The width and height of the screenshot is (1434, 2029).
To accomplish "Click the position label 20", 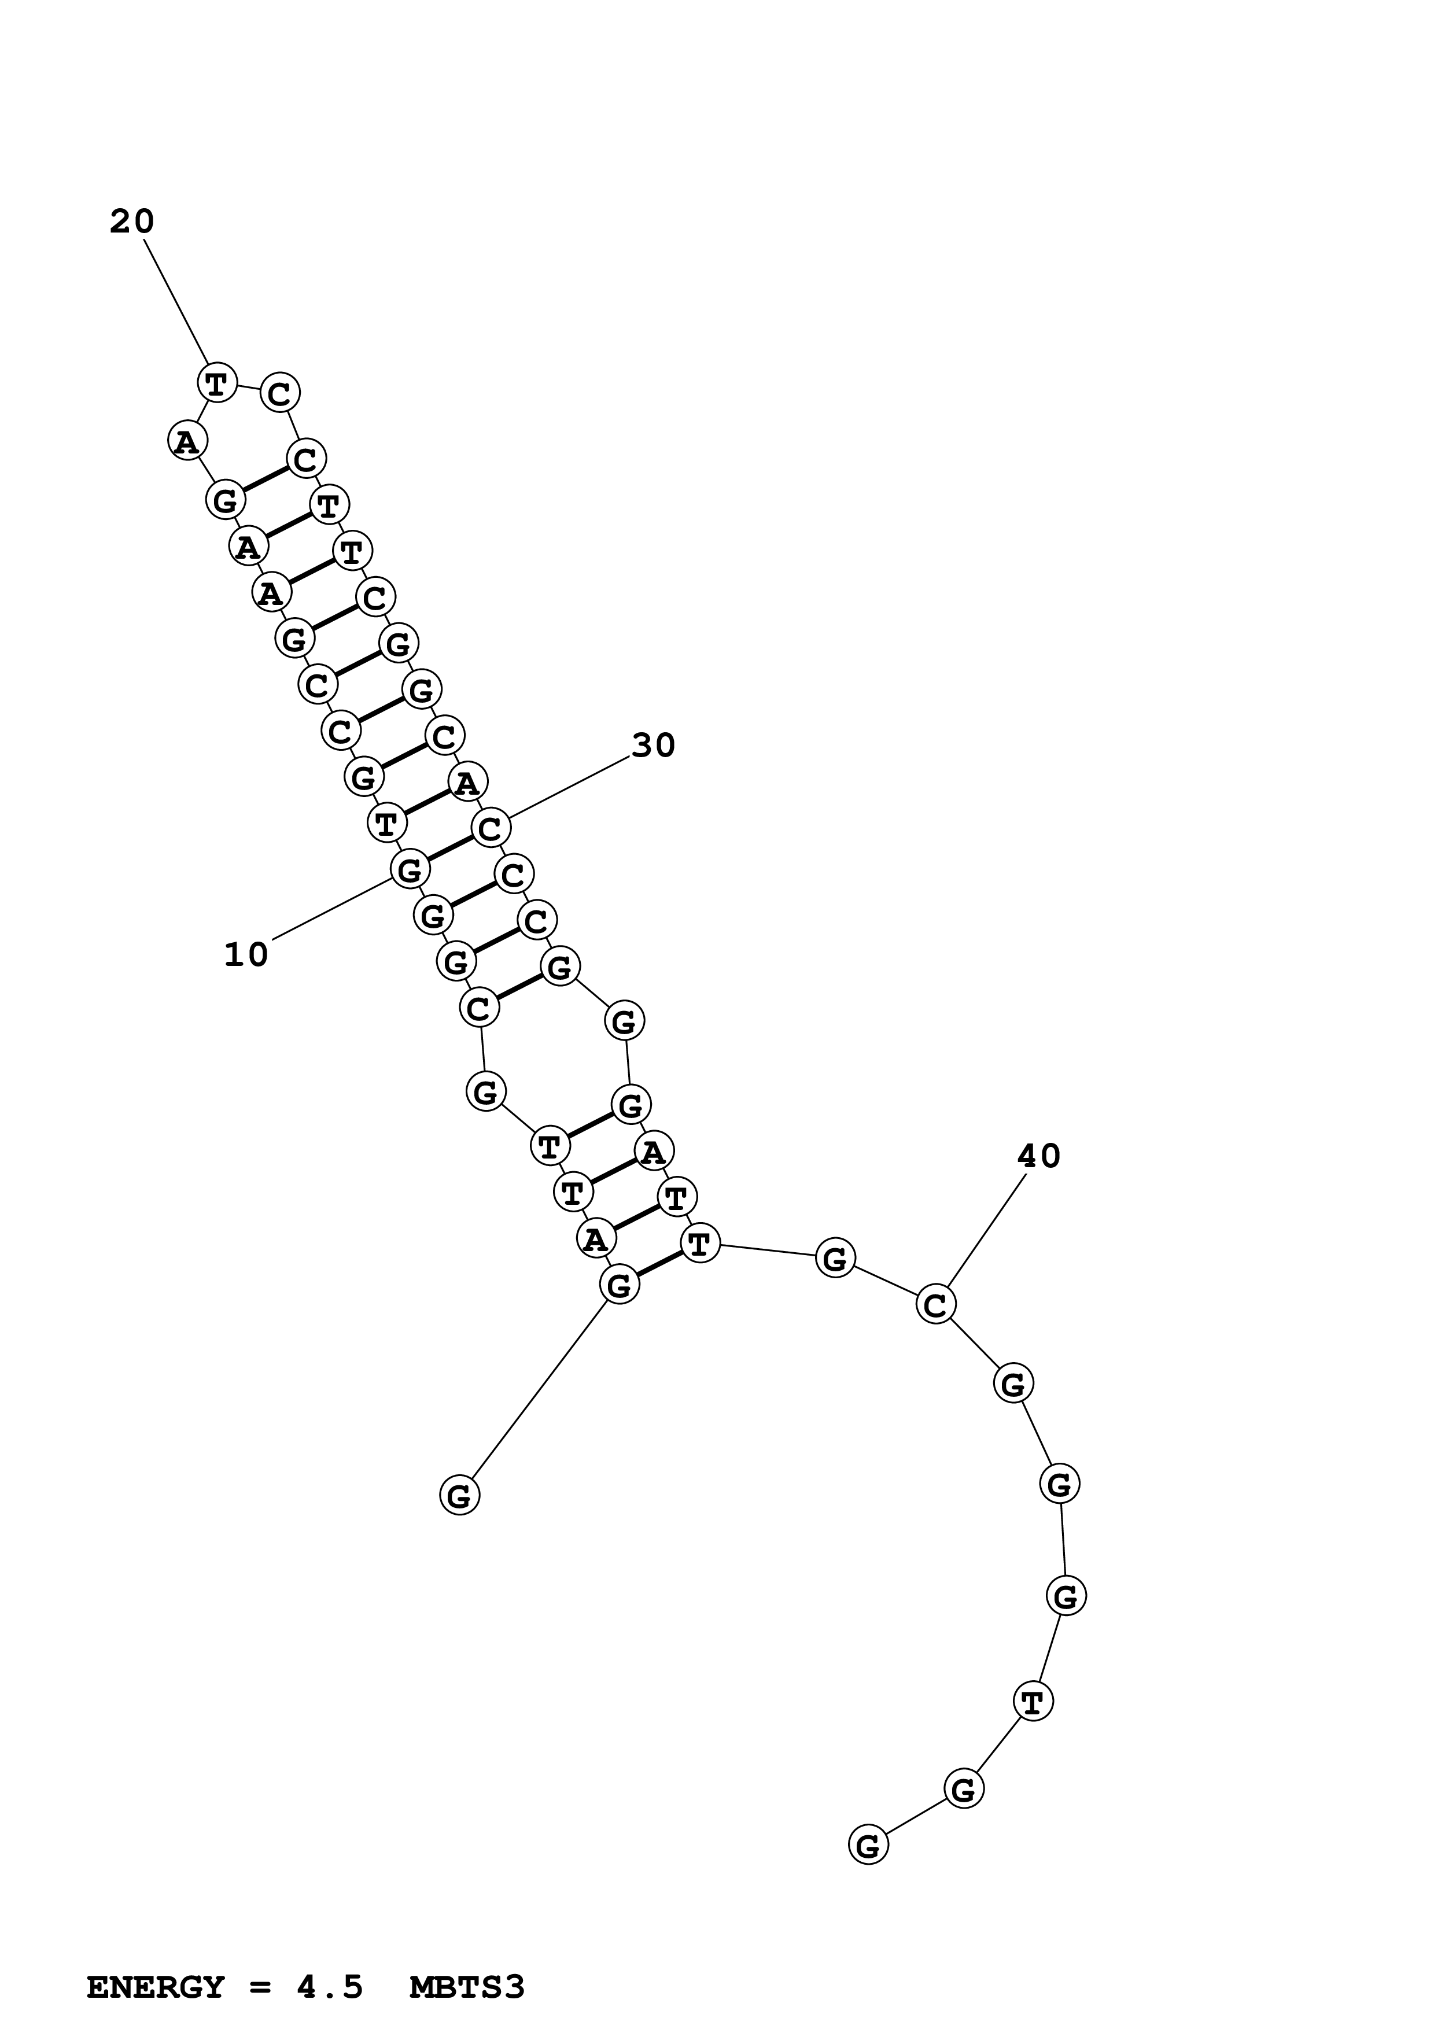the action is click(132, 222).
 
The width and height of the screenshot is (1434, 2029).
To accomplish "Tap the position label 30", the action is click(654, 746).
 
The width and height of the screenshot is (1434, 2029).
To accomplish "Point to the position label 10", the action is click(246, 954).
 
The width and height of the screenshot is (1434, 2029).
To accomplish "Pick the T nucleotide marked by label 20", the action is click(216, 383).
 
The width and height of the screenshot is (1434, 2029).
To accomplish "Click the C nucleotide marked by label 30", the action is click(491, 828).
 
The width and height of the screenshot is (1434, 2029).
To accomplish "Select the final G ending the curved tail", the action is click(868, 1845).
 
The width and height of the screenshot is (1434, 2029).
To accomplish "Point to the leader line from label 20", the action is click(176, 302).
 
